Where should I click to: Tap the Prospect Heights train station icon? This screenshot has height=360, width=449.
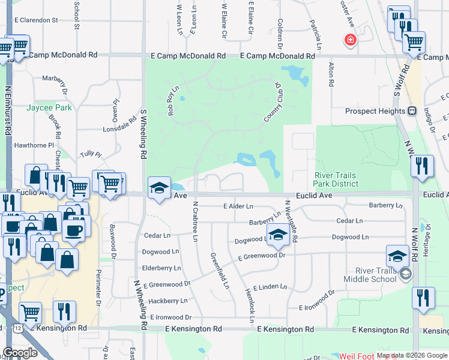pos(412,111)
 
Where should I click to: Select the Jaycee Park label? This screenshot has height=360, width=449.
pos(49,107)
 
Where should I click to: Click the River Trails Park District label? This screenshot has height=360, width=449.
pos(336,179)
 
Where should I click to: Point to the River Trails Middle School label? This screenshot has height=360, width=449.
pos(370,274)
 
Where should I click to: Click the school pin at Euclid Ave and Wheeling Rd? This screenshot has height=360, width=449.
pos(159,188)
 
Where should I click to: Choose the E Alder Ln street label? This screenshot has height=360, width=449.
pos(238,206)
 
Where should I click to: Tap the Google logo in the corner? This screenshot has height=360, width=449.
pos(20,352)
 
